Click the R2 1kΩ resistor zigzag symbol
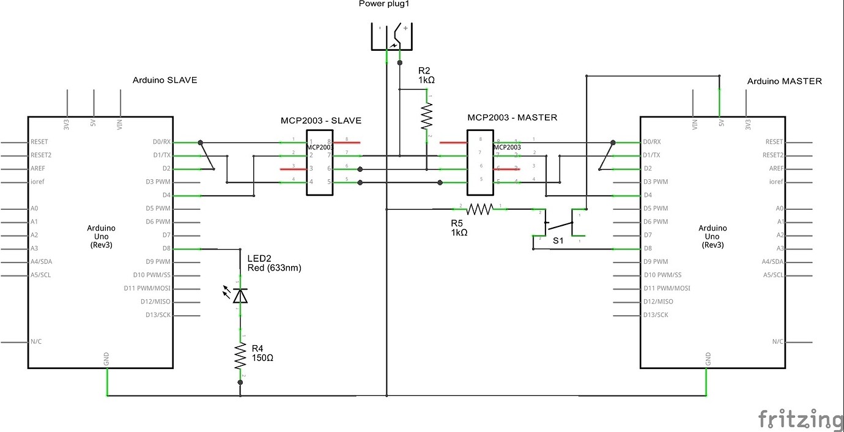point(426,116)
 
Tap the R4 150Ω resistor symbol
point(240,356)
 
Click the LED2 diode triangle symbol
point(240,296)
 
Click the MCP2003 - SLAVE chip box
point(320,162)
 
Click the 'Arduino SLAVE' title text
point(165,80)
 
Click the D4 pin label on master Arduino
point(649,195)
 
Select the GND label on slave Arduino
point(107,359)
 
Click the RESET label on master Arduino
point(774,142)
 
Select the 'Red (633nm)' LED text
point(274,267)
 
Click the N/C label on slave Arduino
point(35,341)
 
